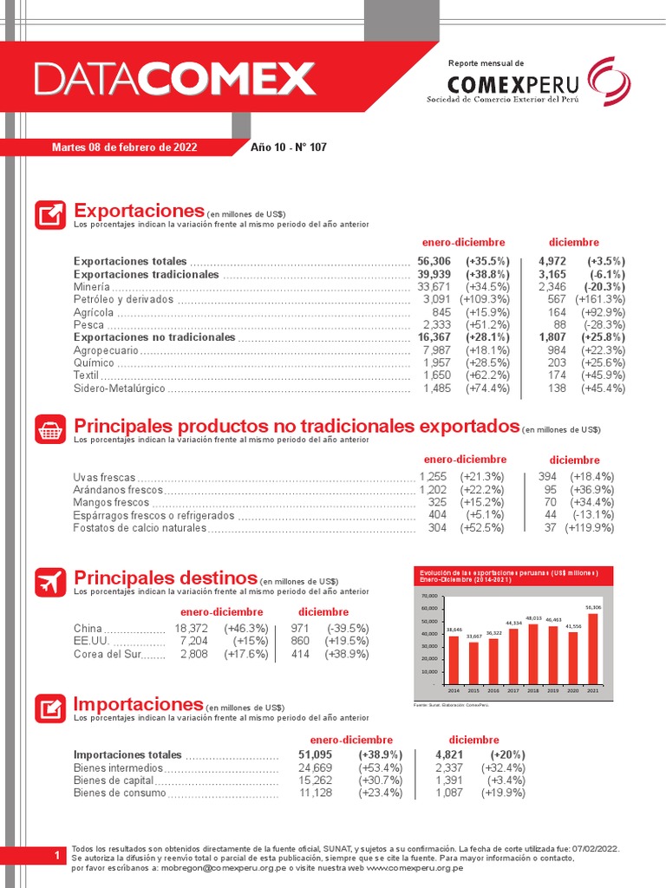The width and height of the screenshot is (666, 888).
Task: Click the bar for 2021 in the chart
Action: (x=593, y=648)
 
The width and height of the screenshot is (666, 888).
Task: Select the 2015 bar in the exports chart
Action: (x=473, y=662)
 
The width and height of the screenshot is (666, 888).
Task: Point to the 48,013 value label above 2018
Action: (x=533, y=618)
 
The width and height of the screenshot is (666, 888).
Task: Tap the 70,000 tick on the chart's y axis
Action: (x=429, y=597)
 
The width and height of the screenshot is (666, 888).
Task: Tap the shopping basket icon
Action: (x=50, y=429)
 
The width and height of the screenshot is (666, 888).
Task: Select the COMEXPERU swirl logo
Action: (x=609, y=81)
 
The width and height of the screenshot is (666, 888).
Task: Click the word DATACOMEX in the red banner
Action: (x=174, y=80)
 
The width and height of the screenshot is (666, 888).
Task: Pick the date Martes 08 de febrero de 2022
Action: (x=125, y=147)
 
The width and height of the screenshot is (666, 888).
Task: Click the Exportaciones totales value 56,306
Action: (x=434, y=261)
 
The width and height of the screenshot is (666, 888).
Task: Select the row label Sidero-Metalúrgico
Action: (x=118, y=388)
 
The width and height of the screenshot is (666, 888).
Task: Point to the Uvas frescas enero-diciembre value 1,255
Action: (x=433, y=477)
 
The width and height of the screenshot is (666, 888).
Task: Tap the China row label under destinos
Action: (x=88, y=629)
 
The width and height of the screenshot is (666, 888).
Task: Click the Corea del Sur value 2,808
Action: (x=193, y=654)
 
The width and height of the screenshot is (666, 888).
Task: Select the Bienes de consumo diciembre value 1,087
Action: (x=449, y=793)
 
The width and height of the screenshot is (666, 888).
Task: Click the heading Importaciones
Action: (x=138, y=703)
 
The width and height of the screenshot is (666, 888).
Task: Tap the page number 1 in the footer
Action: (x=55, y=855)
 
